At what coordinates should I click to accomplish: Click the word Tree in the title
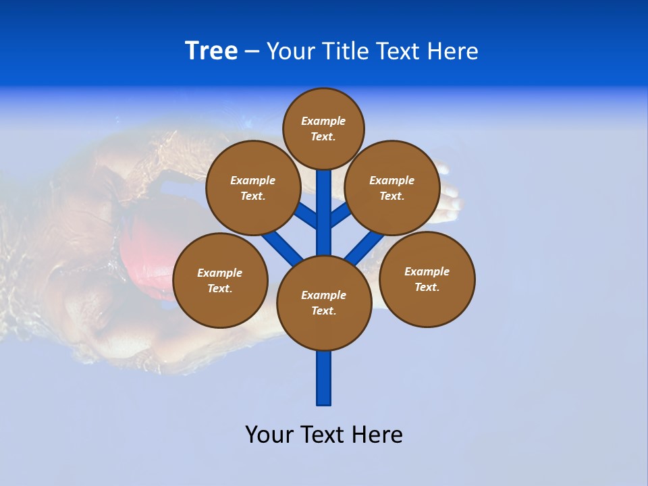click(x=211, y=51)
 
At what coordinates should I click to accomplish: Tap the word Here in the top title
click(x=452, y=51)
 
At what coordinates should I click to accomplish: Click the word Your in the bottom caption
click(x=269, y=435)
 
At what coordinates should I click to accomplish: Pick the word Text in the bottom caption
click(x=322, y=435)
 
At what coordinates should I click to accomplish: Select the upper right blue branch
click(x=340, y=215)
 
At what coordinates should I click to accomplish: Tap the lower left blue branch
click(x=282, y=247)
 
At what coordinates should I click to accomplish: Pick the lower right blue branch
click(x=364, y=247)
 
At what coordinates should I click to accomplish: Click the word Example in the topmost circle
click(x=323, y=122)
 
